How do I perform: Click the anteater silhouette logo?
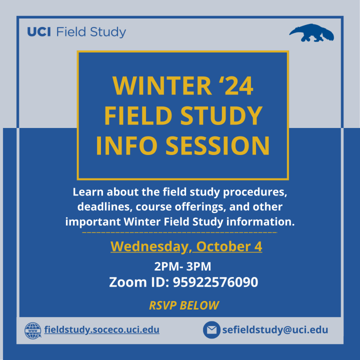pos(312,33)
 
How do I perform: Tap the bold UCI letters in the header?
pos(39,31)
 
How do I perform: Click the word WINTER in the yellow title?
pos(162,85)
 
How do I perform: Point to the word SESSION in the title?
pos(217,145)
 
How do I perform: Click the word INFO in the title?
pos(126,145)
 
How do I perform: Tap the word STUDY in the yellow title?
pos(221,115)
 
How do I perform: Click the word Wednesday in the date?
pos(149,246)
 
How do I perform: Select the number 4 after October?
pos(258,246)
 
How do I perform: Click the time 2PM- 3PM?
pos(182,266)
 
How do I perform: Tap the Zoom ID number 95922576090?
pos(215,282)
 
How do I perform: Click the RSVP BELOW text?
pos(184,305)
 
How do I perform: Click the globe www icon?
pos(33,330)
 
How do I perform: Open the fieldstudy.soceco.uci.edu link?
pos(101,329)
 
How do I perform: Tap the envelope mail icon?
pos(211,330)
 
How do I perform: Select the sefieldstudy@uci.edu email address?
pos(275,330)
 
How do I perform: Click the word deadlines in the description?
pos(105,207)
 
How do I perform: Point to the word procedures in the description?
pos(255,192)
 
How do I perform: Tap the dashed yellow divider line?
pos(180,232)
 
